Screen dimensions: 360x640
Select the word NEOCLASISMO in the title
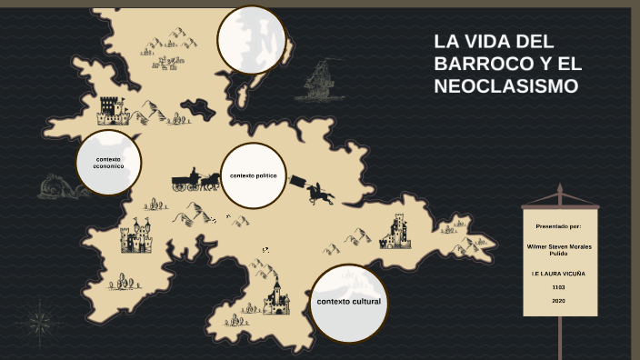(505, 87)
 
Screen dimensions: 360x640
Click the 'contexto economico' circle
(108, 163)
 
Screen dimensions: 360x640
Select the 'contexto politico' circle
(253, 175)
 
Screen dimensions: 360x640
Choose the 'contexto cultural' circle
(348, 303)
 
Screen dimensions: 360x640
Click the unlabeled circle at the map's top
(251, 39)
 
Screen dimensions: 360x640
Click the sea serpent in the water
(62, 187)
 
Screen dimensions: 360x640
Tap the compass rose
(39, 321)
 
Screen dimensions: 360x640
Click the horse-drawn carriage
(195, 181)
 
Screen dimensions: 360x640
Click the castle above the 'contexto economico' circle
(113, 111)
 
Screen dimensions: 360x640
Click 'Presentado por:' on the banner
(558, 225)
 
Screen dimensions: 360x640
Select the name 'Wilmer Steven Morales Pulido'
(558, 249)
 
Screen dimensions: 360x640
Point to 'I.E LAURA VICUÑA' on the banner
(558, 273)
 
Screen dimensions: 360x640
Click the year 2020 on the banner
(558, 300)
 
